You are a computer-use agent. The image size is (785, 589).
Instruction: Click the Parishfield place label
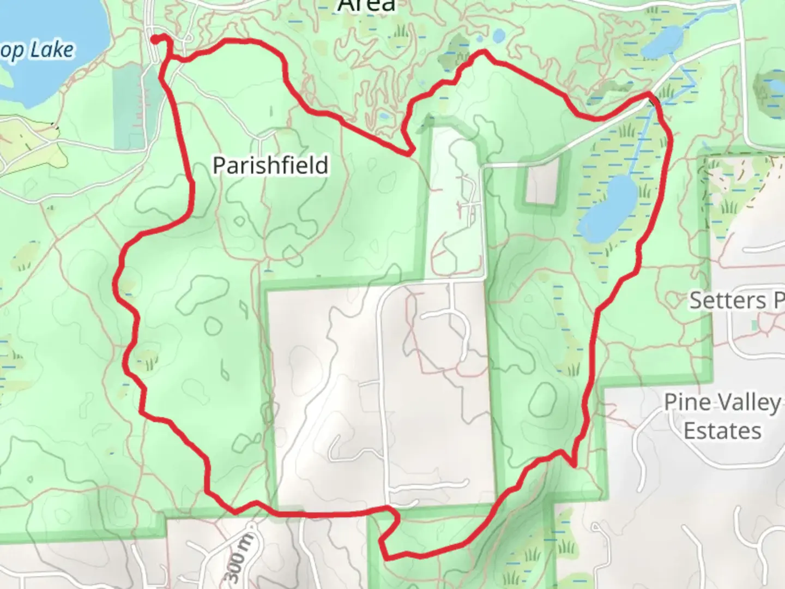(270, 165)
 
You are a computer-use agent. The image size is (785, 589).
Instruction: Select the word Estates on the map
(722, 431)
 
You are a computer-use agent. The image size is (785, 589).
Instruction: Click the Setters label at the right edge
(727, 300)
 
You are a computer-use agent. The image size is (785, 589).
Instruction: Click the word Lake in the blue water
(52, 50)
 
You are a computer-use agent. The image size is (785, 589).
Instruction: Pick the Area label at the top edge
(366, 5)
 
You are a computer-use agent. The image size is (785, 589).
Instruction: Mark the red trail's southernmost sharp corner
(385, 557)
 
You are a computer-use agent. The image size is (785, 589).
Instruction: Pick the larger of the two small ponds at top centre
(498, 36)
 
